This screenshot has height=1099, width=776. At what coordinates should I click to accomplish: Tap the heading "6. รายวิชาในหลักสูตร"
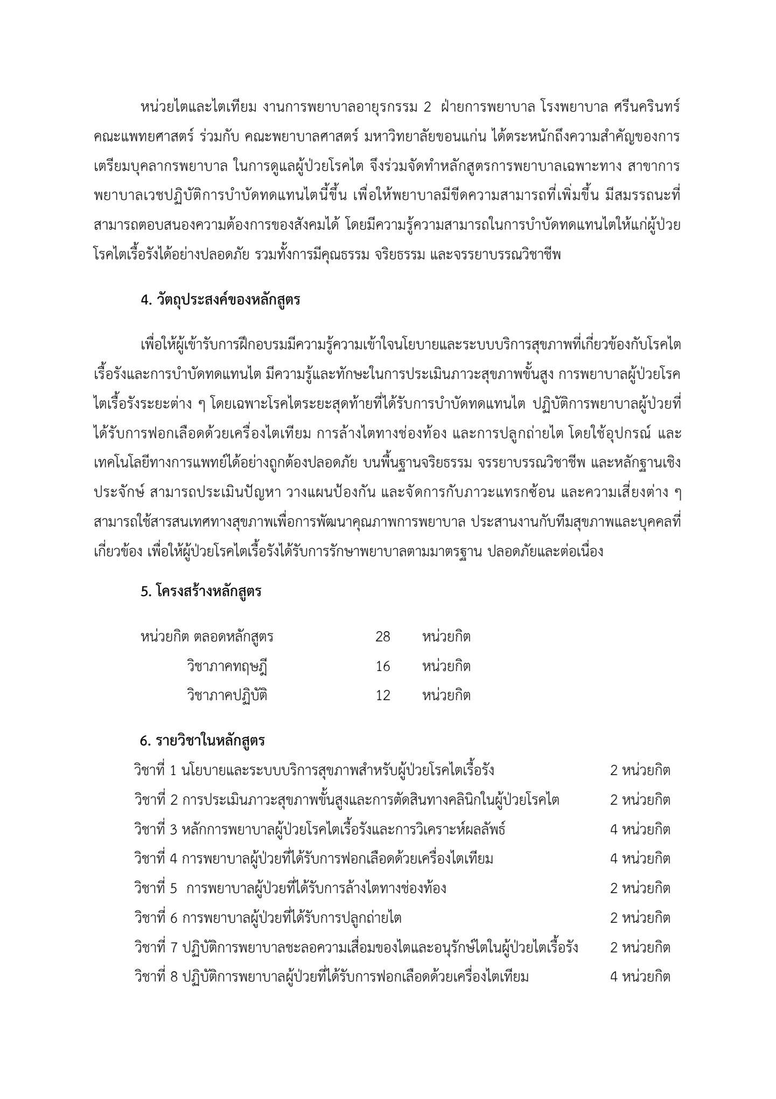pyautogui.click(x=202, y=741)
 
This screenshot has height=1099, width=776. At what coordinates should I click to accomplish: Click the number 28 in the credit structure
pyautogui.click(x=382, y=637)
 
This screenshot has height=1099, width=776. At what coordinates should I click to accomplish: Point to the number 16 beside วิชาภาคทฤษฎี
pyautogui.click(x=382, y=667)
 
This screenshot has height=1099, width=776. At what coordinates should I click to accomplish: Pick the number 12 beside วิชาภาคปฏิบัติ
pyautogui.click(x=382, y=696)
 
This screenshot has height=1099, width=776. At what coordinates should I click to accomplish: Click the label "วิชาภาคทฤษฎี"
pyautogui.click(x=227, y=667)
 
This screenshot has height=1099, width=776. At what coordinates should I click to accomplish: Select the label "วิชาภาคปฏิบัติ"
pyautogui.click(x=227, y=696)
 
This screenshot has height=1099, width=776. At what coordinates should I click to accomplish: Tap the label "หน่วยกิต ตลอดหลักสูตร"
pyautogui.click(x=207, y=637)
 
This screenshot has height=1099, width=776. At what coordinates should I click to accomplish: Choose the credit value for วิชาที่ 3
pyautogui.click(x=640, y=829)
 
